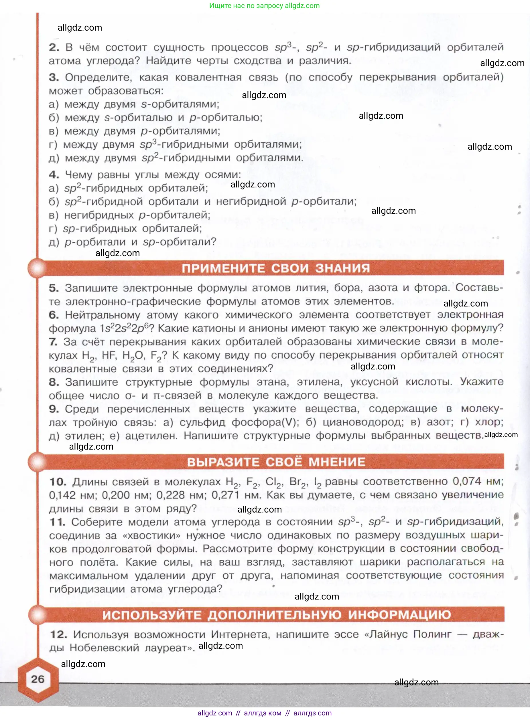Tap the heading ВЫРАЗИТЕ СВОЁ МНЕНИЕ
point(276,462)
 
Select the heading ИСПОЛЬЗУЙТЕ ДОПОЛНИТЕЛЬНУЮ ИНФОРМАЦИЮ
point(277,614)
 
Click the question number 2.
point(54,48)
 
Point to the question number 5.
point(54,288)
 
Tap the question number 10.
point(58,482)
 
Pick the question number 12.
point(58,634)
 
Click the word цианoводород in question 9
point(363,422)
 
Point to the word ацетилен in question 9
point(151,436)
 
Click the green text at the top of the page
point(264,5)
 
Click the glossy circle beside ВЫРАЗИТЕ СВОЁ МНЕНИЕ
point(38,462)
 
